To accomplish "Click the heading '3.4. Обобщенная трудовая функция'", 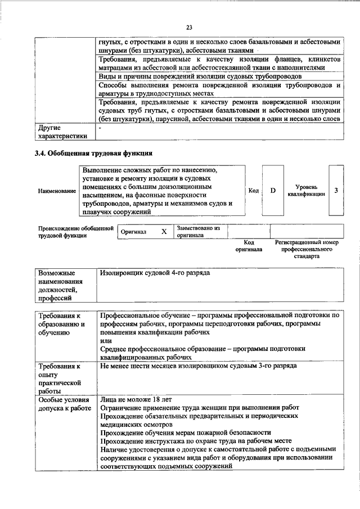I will tap(93, 152).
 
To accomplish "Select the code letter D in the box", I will tap(273, 191).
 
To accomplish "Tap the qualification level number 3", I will tap(336, 191).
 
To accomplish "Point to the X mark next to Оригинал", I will tap(164, 231).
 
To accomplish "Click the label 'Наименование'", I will tap(57, 191).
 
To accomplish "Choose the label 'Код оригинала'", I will tap(249, 245).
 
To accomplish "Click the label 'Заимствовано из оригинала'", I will tap(198, 232).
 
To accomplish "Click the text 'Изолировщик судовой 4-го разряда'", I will tap(155, 273).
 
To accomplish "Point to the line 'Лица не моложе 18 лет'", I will tap(136, 399).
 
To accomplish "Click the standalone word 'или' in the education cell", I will tap(106, 341).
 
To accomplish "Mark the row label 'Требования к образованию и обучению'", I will tap(61, 325).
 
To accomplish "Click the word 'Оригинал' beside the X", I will tap(133, 232).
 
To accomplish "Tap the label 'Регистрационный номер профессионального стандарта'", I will tap(306, 249).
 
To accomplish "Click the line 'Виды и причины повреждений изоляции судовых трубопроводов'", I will tap(200, 76).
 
